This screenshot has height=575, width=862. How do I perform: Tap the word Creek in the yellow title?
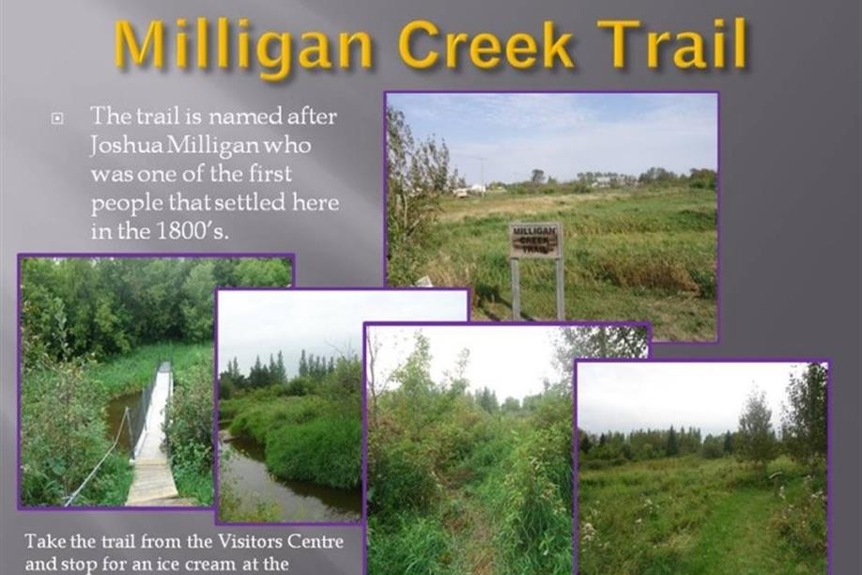coord(486,43)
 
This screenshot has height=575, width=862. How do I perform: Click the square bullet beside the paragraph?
coord(57,118)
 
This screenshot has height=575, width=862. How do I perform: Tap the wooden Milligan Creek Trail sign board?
coord(535,241)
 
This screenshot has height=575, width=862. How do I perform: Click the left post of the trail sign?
coord(516,288)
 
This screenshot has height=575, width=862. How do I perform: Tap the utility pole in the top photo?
coord(482,172)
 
